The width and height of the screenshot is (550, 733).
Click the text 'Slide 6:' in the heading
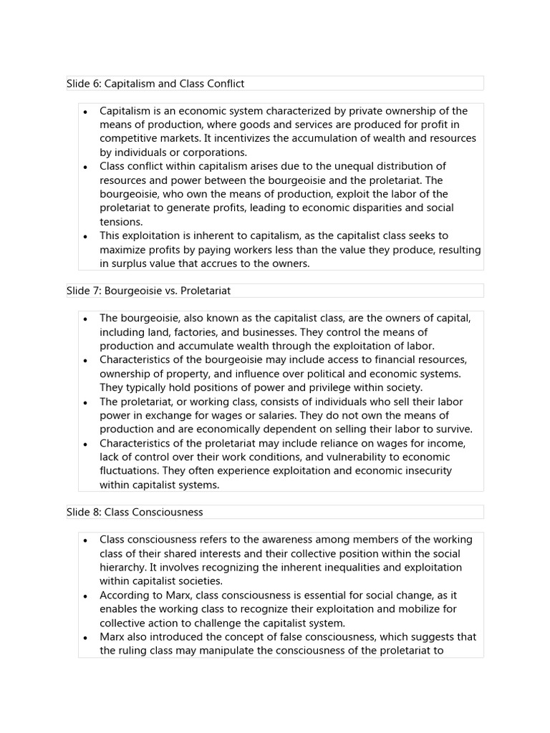tap(84, 84)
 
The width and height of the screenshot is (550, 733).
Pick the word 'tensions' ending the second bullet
tap(120, 222)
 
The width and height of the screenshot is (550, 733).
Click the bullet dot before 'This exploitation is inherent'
tap(85, 236)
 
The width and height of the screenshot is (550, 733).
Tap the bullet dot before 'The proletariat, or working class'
tap(85, 402)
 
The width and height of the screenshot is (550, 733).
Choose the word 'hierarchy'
tap(122, 567)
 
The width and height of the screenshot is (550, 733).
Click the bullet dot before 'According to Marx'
tap(85, 596)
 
